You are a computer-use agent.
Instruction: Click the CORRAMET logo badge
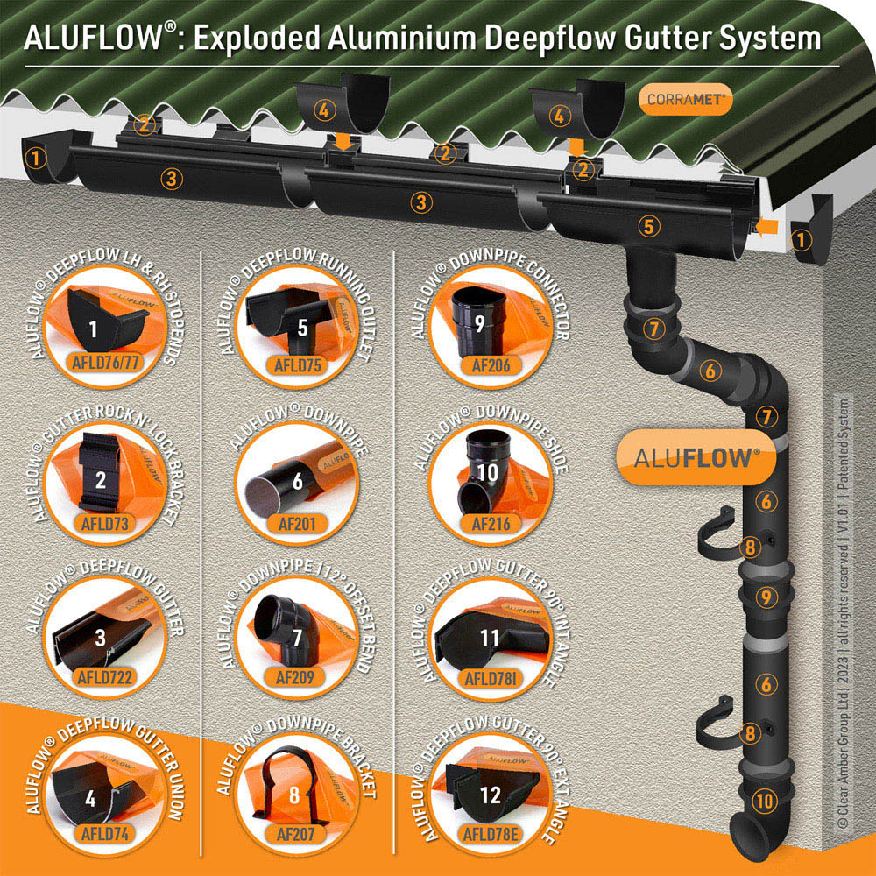[686, 100]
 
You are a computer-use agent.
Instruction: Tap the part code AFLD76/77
[105, 363]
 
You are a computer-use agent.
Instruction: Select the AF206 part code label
[491, 364]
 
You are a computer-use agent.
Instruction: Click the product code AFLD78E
[491, 835]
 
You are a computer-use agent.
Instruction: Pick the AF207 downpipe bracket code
[295, 835]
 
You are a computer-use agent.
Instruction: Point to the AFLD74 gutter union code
[105, 834]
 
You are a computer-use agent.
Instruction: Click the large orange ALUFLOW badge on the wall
[696, 458]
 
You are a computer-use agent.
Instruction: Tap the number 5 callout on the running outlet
[648, 226]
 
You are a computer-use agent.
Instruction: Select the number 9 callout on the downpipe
[766, 597]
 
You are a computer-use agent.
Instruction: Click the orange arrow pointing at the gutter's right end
[766, 226]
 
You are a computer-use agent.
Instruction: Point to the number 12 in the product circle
[490, 795]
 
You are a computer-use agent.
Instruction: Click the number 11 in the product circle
[489, 638]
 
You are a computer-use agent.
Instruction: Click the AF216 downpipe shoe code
[491, 524]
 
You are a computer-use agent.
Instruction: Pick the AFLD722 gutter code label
[105, 678]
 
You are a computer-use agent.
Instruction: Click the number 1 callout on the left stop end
[36, 158]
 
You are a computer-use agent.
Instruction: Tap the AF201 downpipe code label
[297, 524]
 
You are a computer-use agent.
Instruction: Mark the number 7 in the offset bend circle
[297, 638]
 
